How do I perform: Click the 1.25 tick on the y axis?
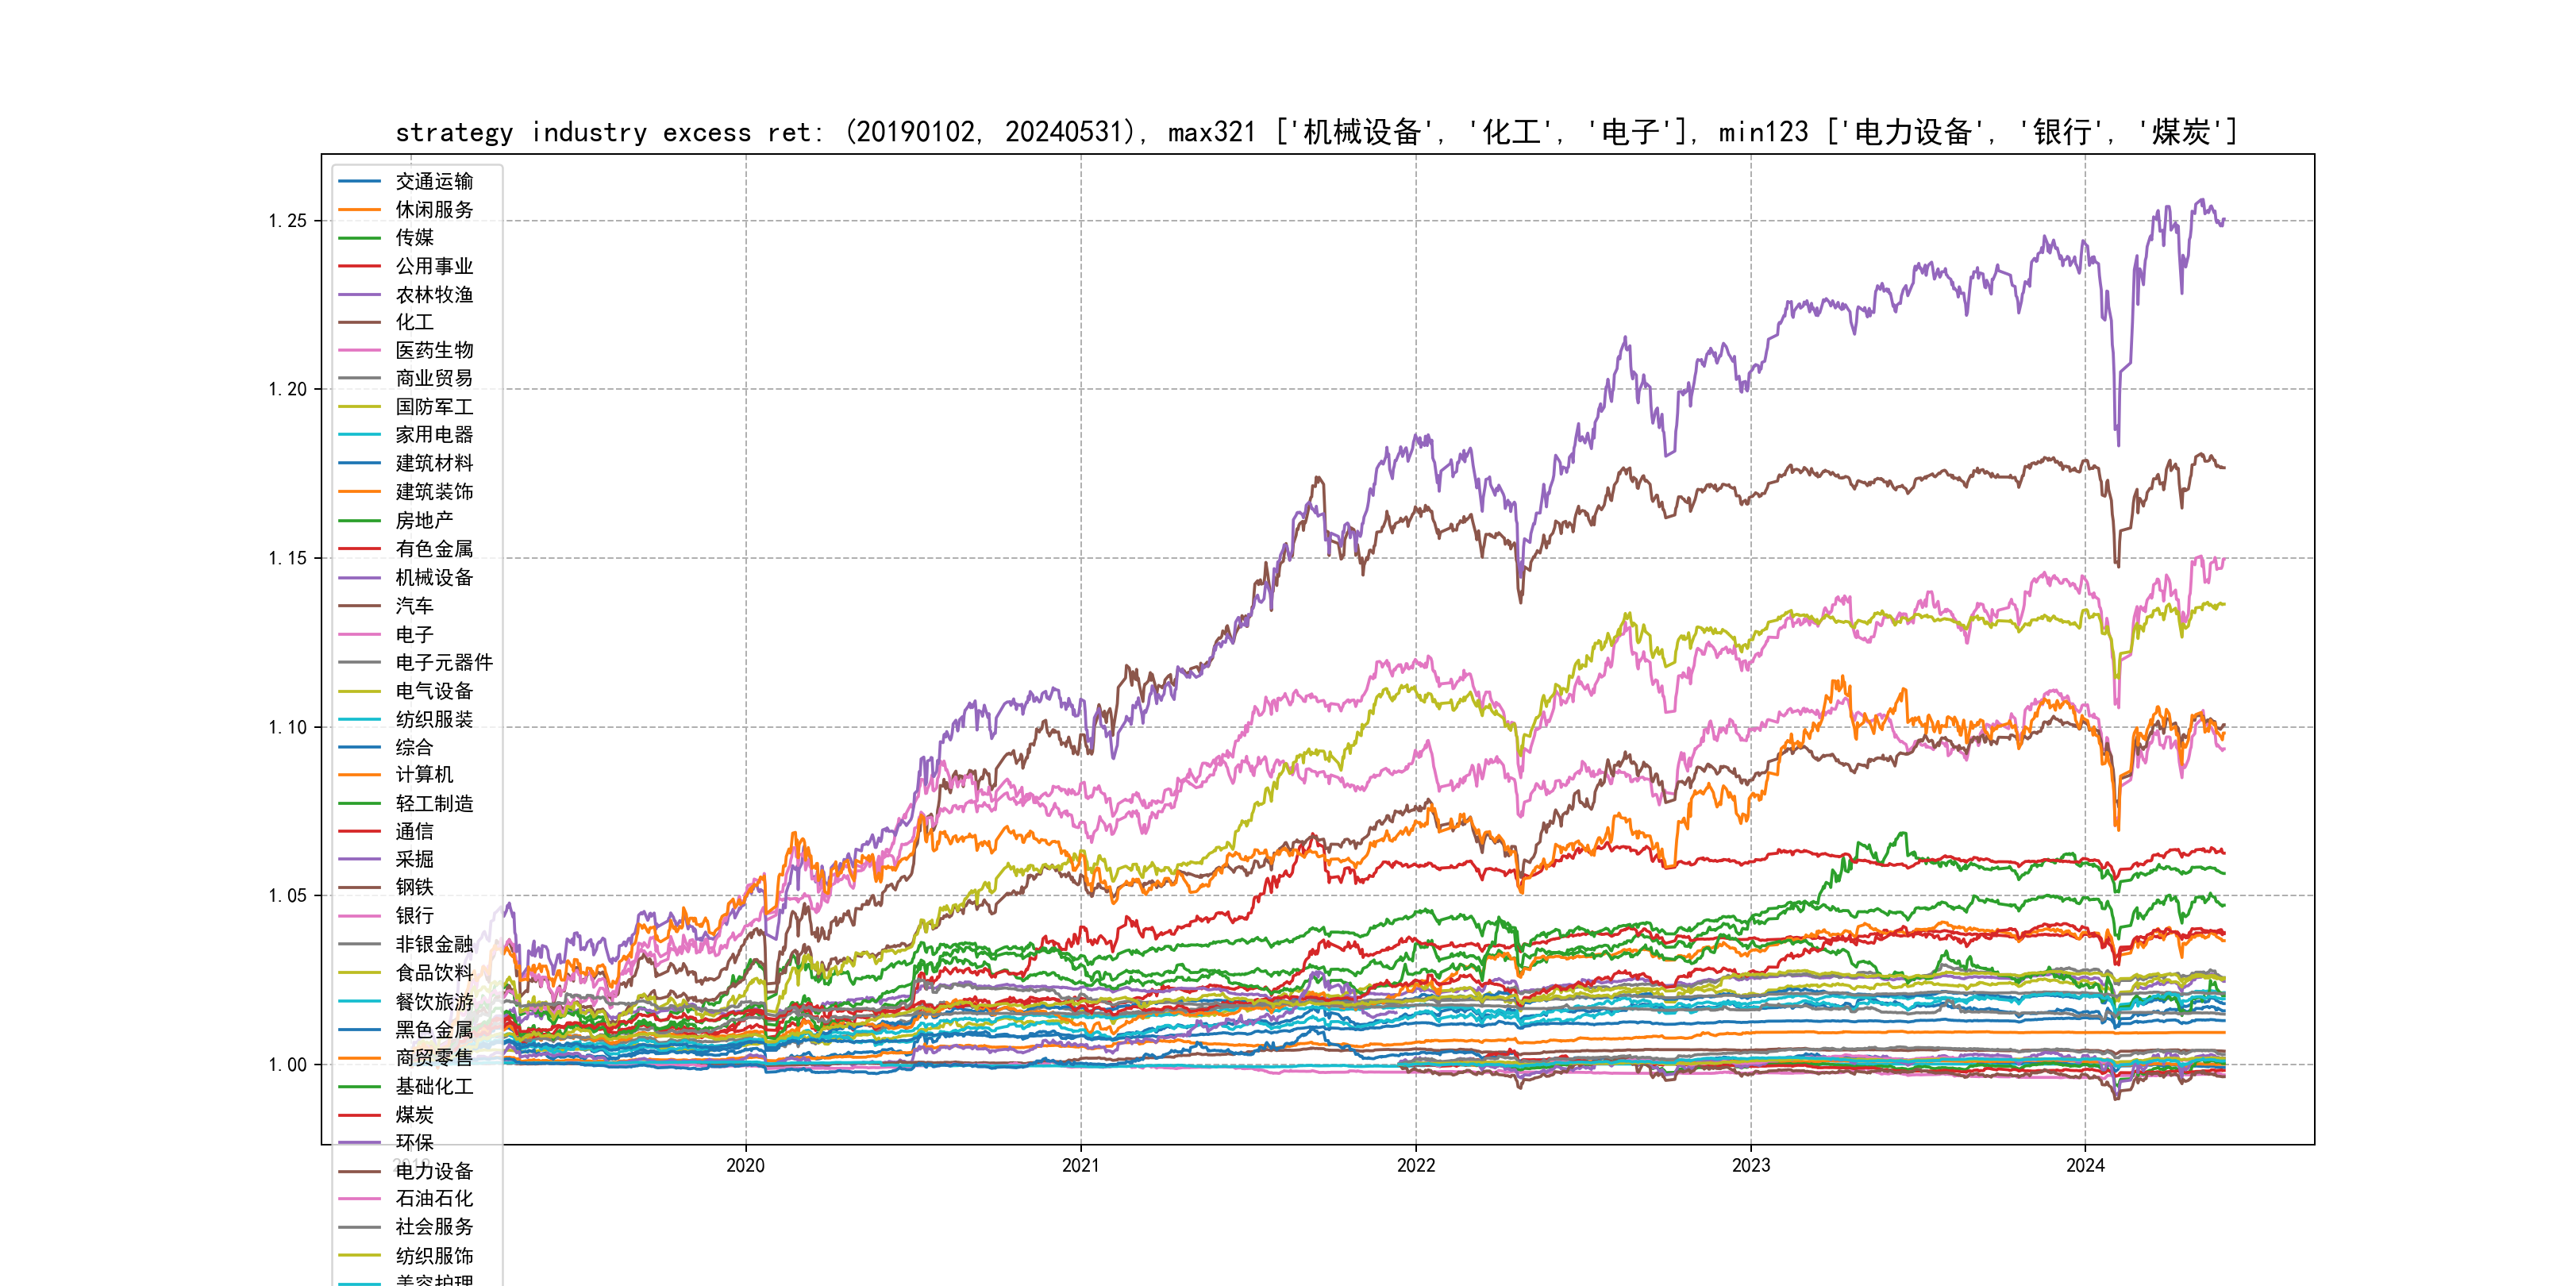point(287,221)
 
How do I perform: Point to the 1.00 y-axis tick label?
point(287,1065)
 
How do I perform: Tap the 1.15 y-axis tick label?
point(287,558)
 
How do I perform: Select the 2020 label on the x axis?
point(745,1165)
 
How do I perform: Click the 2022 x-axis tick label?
point(1415,1165)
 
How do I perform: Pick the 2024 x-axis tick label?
point(2085,1165)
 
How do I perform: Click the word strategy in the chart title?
point(454,133)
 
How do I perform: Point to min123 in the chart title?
point(1763,133)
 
